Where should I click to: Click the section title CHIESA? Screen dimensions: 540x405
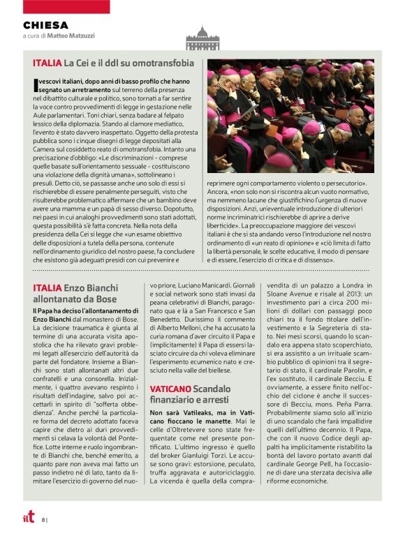point(45,25)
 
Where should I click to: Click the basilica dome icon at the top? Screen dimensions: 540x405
point(202,38)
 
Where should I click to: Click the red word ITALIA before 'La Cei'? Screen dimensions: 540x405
point(47,63)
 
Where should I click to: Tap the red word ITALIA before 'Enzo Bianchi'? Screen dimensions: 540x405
point(47,287)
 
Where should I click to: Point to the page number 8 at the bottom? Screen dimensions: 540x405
point(43,519)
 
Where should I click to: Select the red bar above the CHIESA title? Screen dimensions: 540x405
point(56,7)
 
